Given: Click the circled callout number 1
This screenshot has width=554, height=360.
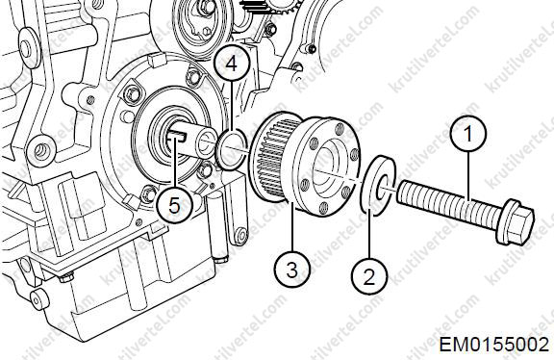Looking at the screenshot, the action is point(468,134).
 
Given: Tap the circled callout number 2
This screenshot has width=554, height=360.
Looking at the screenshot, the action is point(369,276).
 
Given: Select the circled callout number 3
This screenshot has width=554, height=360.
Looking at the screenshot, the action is point(293,270).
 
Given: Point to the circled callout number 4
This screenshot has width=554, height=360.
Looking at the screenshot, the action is point(232,64).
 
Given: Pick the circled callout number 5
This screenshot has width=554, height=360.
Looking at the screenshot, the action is point(174,205).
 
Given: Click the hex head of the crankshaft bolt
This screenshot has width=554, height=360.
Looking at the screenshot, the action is point(516,222).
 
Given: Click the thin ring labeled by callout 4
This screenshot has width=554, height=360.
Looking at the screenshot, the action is point(232,149).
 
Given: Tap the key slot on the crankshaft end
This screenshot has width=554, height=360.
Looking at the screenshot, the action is point(176,137).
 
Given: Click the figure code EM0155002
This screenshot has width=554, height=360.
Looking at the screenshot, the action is point(494,344).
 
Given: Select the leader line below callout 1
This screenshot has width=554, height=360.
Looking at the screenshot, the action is point(468,177).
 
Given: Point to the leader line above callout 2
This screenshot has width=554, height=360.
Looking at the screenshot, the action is point(369,234).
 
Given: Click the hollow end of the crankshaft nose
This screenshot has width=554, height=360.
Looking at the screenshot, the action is point(205,142).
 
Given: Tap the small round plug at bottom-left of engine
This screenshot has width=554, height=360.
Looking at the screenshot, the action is point(38,299).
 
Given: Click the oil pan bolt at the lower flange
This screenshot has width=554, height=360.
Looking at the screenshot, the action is point(66,276).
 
